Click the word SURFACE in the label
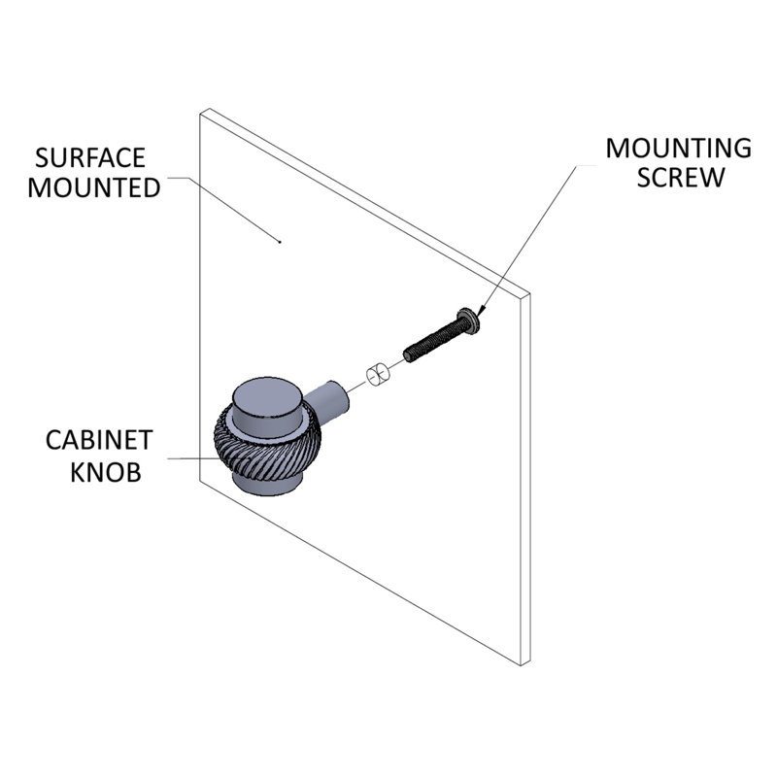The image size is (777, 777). click(x=89, y=158)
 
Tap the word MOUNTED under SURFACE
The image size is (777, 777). click(x=94, y=187)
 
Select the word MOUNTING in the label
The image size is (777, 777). click(x=678, y=149)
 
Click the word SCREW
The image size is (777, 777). click(x=681, y=178)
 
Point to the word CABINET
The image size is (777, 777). click(x=99, y=440)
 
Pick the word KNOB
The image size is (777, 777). click(x=106, y=472)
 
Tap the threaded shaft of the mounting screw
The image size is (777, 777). click(x=434, y=339)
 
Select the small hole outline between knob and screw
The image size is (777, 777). click(x=378, y=375)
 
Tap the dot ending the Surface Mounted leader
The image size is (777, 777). click(x=280, y=242)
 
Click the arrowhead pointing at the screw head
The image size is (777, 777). click(x=481, y=310)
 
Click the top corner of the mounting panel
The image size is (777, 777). click(x=210, y=109)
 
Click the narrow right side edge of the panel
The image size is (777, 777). click(x=525, y=479)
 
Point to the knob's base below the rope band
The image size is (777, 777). click(x=266, y=484)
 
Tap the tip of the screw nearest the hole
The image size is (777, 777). click(x=407, y=355)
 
